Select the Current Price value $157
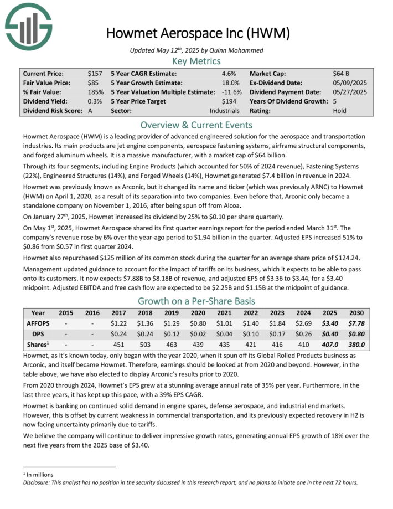[95, 73]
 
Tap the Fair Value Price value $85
[93, 83]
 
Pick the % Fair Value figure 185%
[96, 92]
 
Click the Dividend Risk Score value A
[90, 111]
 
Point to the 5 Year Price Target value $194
[229, 101]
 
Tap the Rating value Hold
[340, 111]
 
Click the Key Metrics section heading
[196, 61]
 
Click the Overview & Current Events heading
[196, 125]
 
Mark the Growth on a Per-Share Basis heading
[196, 301]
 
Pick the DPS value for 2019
[170, 333]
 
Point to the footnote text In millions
[37, 474]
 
